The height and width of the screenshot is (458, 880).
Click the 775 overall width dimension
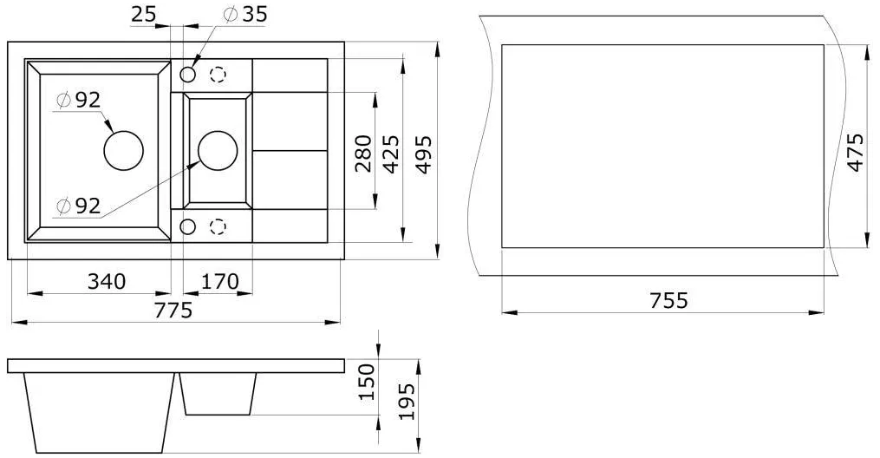click(x=173, y=310)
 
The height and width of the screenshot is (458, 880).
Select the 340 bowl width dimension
click(x=107, y=281)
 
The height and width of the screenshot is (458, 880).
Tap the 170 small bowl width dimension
click(x=219, y=281)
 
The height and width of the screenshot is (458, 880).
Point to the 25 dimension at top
click(x=143, y=14)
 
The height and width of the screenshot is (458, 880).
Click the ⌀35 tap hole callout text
click(x=244, y=14)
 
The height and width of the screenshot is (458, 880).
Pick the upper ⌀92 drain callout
click(x=79, y=100)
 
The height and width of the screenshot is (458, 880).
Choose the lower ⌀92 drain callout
click(x=79, y=206)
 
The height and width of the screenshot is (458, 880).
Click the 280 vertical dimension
click(x=363, y=154)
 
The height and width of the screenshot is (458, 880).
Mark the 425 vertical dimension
click(x=390, y=154)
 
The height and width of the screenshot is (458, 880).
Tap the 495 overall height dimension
click(x=424, y=154)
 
